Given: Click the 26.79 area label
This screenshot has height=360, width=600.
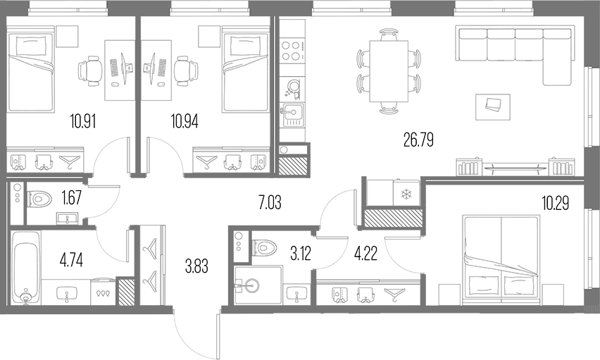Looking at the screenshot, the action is coord(418,140).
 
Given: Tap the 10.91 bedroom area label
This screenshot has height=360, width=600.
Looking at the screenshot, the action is coord(83,121).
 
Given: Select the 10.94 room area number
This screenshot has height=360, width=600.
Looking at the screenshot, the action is coord(185,121).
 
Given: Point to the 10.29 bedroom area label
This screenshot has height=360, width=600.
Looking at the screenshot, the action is coord(555,203).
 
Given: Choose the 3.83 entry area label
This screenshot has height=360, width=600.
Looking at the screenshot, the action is coord(196,266).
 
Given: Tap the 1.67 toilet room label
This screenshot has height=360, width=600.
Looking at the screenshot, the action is coord(71,199).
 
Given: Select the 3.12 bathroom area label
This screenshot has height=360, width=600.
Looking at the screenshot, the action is coord(301,254).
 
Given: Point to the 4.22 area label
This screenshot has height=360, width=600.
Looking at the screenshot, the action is coord(365,254).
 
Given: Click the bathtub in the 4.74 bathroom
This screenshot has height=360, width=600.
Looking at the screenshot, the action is coord(25,267).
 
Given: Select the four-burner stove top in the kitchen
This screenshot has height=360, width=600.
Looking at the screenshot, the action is coord(292,51).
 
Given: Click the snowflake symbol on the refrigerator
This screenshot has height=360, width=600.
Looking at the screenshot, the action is coord(405,195).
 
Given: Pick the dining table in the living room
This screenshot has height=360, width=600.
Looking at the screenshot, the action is coord(389,71).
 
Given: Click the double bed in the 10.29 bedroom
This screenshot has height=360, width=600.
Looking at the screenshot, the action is coord(501,260).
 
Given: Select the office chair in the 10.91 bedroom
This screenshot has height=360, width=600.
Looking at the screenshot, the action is coord(91,70).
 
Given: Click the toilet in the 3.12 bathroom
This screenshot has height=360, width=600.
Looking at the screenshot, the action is coord(264,247).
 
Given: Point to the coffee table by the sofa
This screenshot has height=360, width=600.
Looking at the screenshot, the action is coord(493,107).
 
